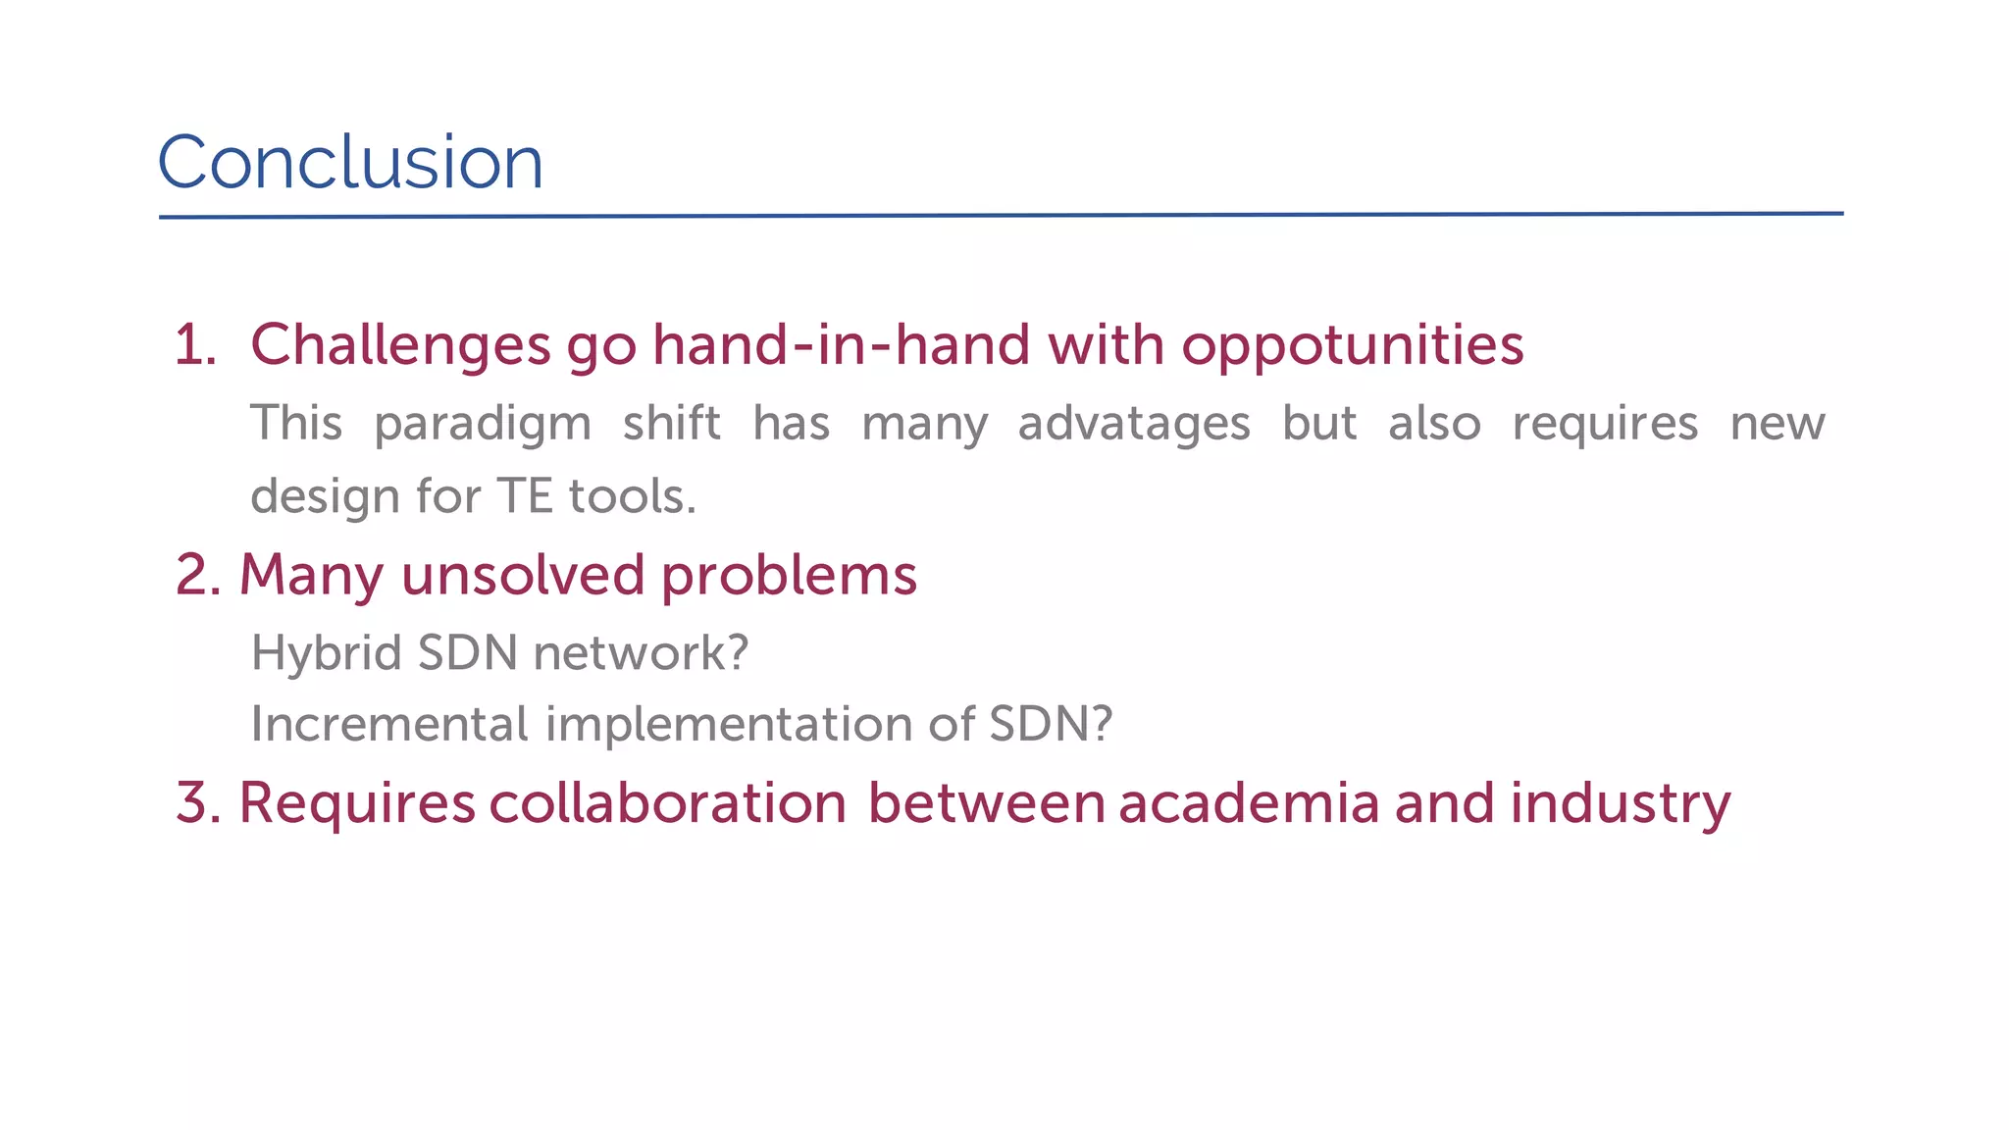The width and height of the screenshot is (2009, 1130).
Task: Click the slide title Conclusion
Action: [x=350, y=162]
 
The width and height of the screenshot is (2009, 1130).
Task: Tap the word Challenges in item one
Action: [x=400, y=345]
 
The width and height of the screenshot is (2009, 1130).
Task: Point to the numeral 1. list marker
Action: [x=194, y=345]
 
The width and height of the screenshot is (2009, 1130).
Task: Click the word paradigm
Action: [x=483, y=424]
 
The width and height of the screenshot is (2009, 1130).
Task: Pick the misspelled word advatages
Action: [x=1134, y=424]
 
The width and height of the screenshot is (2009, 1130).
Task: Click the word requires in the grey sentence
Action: [x=1605, y=424]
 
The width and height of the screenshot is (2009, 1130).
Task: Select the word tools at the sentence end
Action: [x=632, y=495]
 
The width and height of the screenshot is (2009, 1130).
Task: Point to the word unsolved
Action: [x=523, y=575]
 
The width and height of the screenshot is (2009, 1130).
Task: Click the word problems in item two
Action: [x=789, y=575]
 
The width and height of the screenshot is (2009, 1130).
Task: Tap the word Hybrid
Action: [x=327, y=652]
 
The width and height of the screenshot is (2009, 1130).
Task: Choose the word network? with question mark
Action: [x=641, y=652]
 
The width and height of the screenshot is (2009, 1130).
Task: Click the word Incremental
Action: [x=389, y=724]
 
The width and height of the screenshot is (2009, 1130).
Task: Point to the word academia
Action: [x=1249, y=802]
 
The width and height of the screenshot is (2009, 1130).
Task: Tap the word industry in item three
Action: [x=1620, y=802]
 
